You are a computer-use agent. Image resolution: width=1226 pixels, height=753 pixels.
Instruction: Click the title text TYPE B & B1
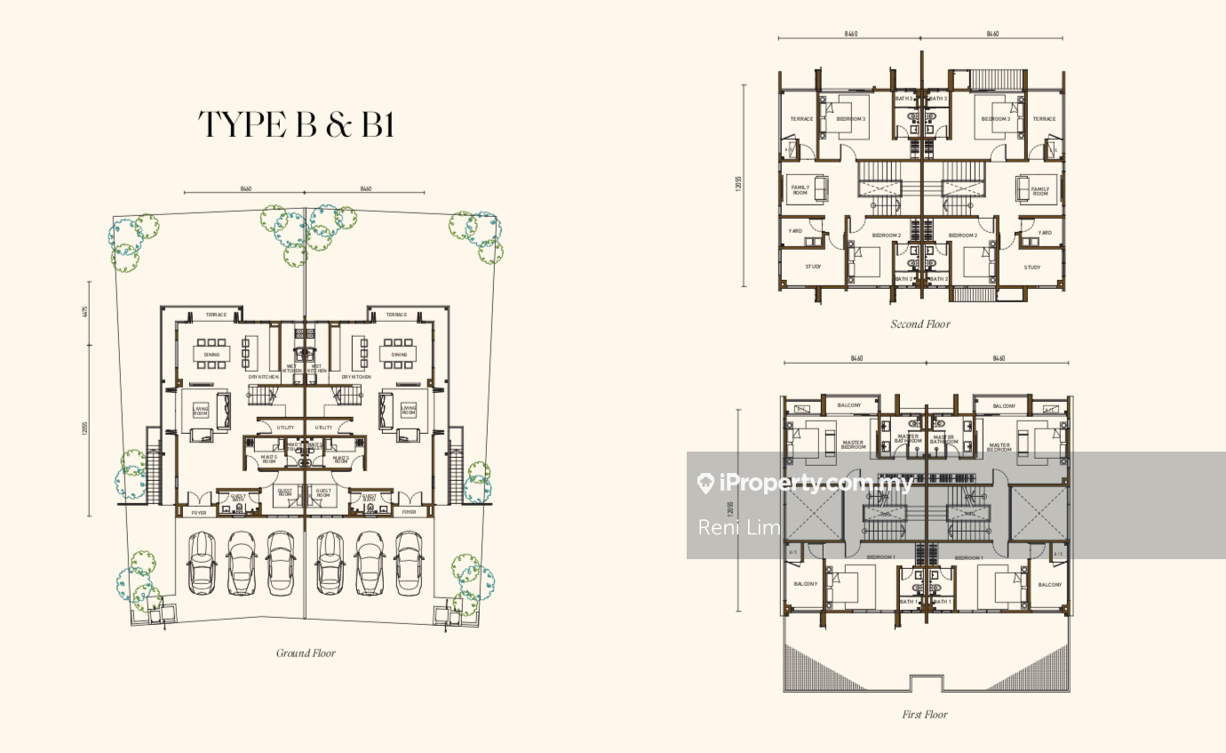coord(296,125)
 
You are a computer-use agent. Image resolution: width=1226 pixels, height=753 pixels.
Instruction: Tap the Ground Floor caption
coord(306,653)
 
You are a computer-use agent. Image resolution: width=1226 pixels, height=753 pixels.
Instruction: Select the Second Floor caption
coord(920,324)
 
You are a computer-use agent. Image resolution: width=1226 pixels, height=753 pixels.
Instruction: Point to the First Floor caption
coord(924,714)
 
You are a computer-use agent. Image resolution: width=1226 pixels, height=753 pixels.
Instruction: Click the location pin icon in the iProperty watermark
coord(706,483)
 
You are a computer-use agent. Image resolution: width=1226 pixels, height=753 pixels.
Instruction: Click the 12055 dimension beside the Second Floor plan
coord(738,184)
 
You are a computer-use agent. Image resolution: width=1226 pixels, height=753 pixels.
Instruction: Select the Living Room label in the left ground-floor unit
coord(201,410)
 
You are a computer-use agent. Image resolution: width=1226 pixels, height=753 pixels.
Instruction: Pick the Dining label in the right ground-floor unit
coord(399,355)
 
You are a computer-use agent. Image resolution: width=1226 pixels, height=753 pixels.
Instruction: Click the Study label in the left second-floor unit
coord(813,267)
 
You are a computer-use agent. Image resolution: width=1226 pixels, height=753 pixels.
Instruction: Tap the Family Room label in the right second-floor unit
coord(1039,190)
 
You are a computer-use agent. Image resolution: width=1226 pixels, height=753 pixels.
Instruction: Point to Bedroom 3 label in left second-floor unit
coord(850,119)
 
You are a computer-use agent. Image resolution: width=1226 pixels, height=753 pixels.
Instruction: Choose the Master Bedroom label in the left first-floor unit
coord(853,445)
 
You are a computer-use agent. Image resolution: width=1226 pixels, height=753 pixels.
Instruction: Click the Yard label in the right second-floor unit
coord(1045,233)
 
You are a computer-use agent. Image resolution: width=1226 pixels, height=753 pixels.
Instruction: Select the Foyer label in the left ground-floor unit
coord(200,512)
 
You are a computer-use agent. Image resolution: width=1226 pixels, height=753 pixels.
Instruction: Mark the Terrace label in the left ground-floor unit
coord(216,315)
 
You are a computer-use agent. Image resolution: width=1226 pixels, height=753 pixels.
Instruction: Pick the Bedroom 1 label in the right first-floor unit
coord(968,558)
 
